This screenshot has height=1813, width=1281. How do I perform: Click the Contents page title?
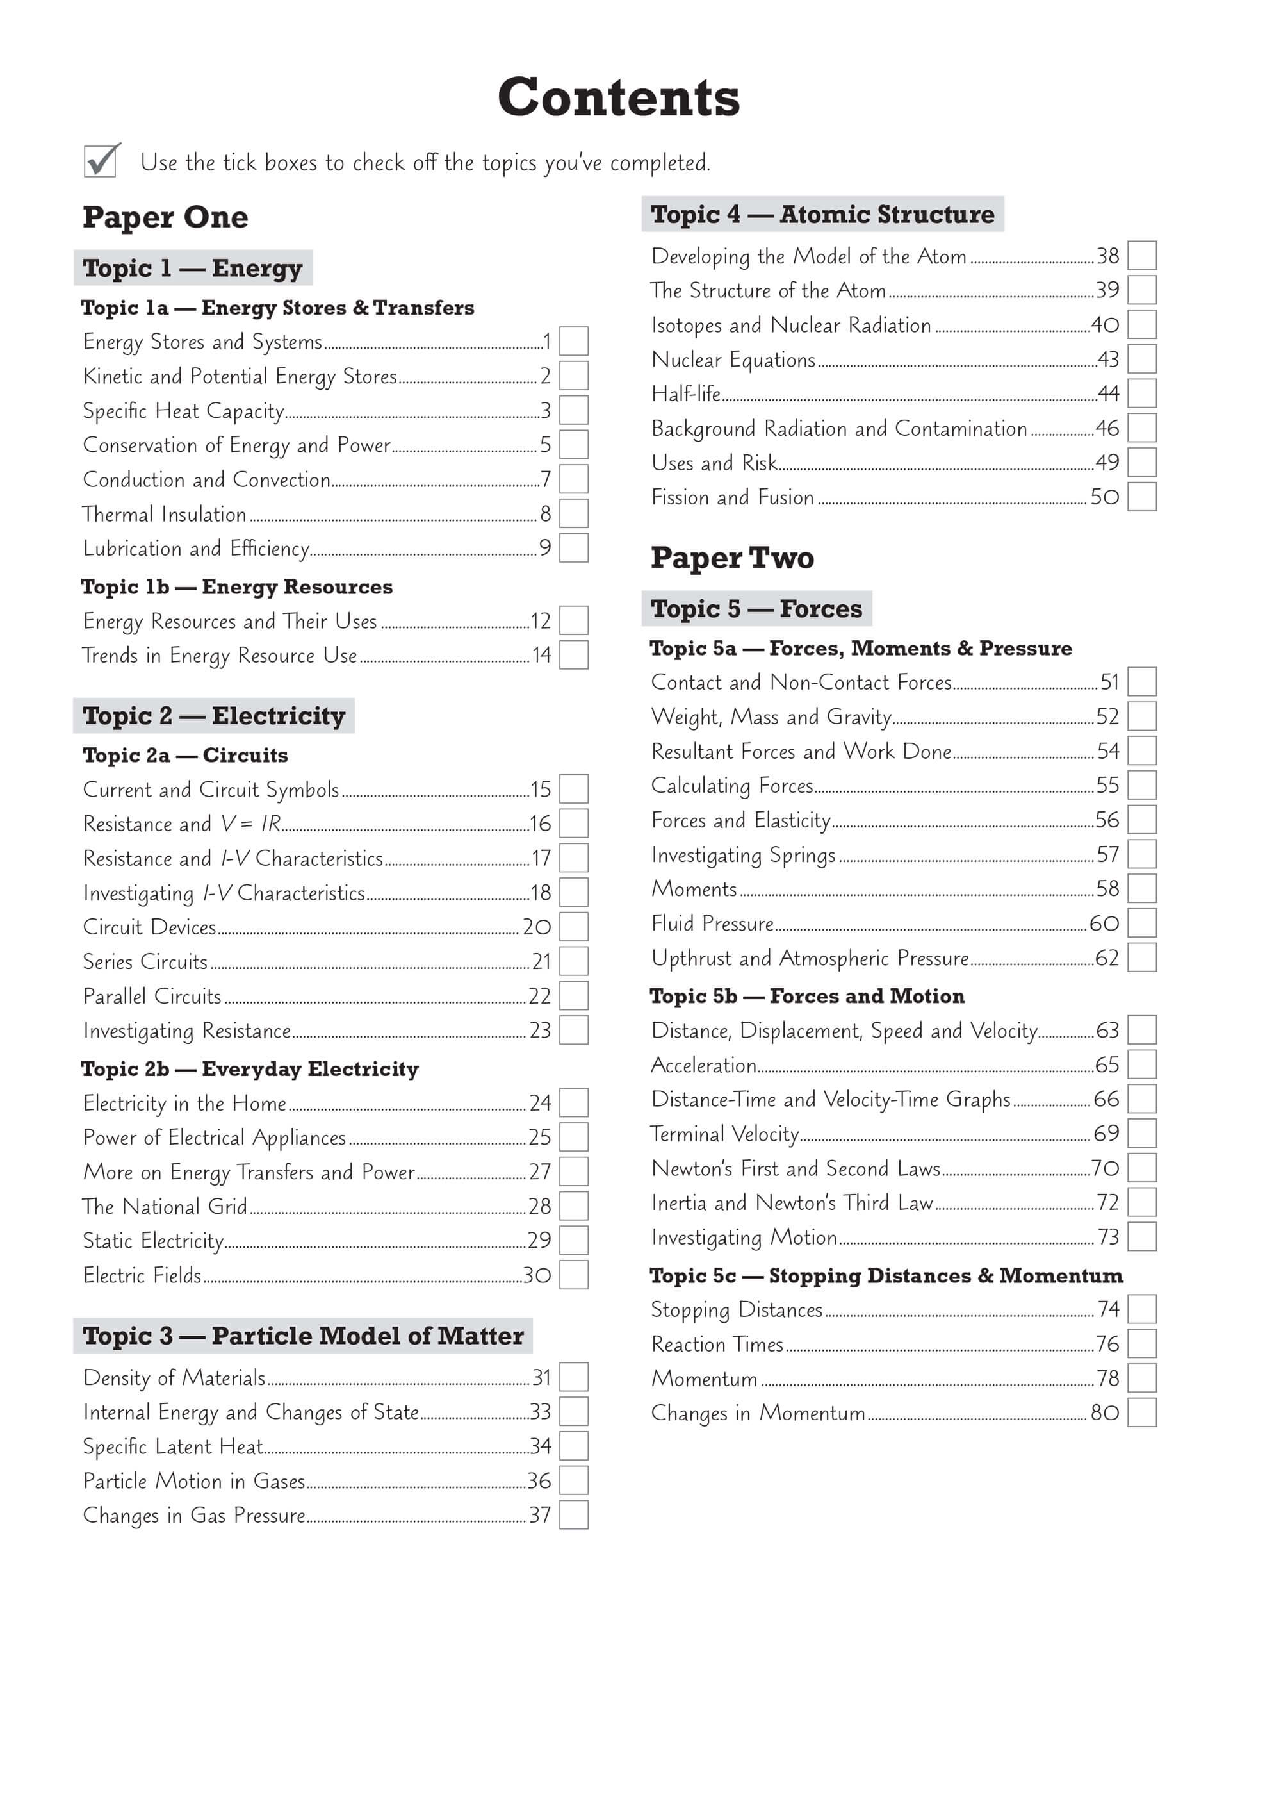click(x=619, y=97)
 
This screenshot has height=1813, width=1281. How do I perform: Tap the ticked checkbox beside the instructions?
click(x=101, y=161)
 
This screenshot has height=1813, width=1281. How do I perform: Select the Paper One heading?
click(x=165, y=217)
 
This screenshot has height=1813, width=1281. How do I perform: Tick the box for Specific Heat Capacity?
click(x=574, y=410)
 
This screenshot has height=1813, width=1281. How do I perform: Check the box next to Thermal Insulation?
click(x=574, y=513)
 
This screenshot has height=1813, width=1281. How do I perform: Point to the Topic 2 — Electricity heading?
click(x=214, y=715)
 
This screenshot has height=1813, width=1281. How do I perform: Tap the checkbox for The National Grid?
click(x=574, y=1205)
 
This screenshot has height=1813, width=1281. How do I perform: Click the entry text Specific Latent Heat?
click(x=173, y=1446)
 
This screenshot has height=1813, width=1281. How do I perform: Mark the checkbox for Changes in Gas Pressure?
click(x=574, y=1514)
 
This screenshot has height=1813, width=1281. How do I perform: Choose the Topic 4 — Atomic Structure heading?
click(x=822, y=214)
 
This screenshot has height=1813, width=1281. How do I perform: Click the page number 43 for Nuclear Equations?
click(x=1108, y=360)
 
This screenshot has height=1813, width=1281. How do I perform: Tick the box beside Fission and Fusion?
click(x=1142, y=497)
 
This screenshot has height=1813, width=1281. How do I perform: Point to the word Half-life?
click(x=686, y=393)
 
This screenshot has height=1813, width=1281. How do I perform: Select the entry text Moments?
click(x=694, y=889)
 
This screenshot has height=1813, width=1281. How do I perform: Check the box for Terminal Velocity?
click(x=1142, y=1133)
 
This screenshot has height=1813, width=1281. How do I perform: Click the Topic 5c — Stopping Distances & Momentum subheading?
click(x=886, y=1275)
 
